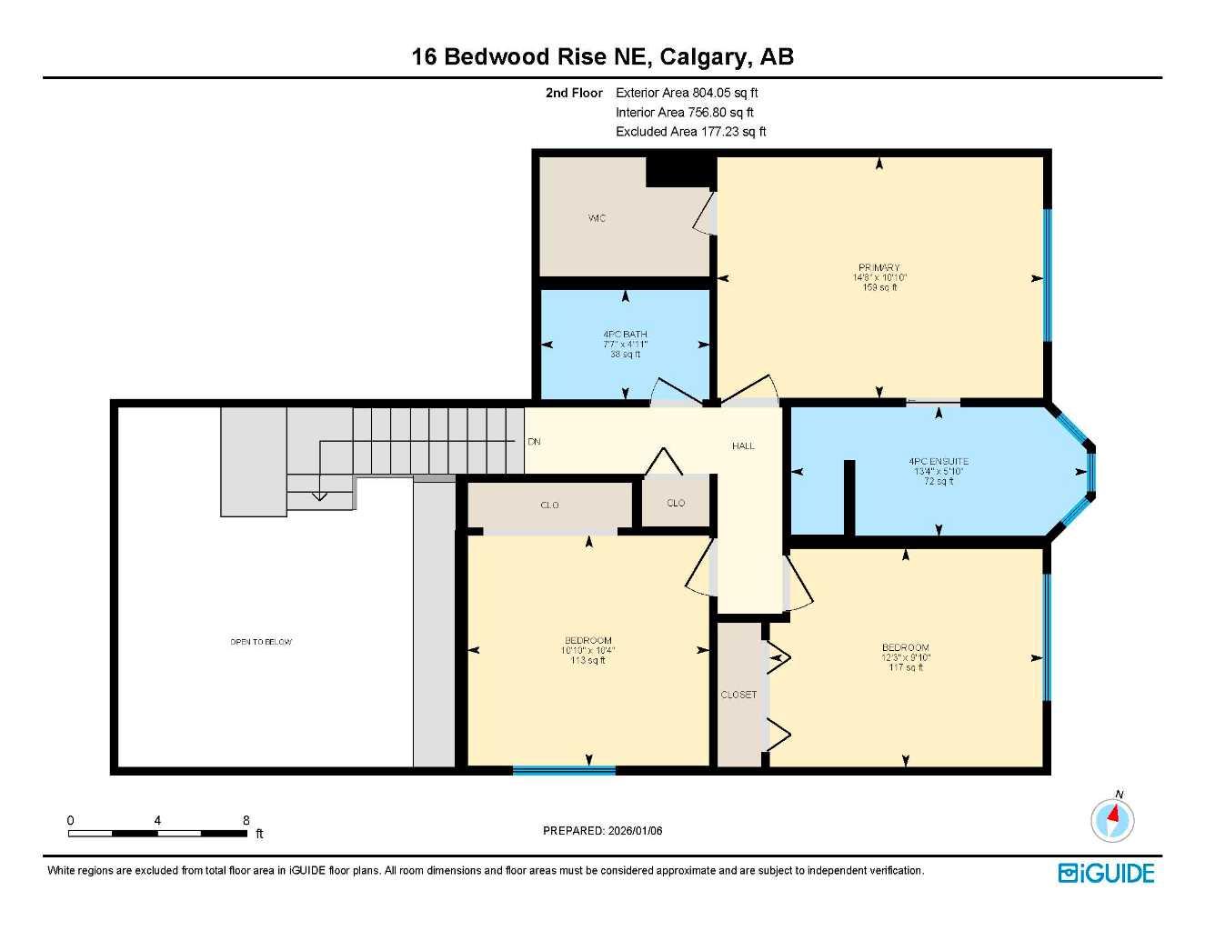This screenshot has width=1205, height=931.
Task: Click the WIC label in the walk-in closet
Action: coord(597,218)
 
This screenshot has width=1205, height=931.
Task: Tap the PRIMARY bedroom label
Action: coord(879,268)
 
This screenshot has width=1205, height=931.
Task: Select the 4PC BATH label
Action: coord(625,335)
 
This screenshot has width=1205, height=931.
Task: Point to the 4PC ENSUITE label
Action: coord(939,462)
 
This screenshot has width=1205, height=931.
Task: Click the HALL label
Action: coord(743,446)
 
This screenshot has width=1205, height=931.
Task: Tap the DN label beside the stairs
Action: coord(534,442)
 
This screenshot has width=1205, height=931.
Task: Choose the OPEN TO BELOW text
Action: coord(261,642)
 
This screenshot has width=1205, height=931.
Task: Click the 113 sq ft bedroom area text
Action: coord(587,661)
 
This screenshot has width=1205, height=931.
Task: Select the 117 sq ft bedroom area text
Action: coord(905,667)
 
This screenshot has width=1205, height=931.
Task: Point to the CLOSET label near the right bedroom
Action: coord(738,695)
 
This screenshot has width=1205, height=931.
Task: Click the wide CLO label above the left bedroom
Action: coord(549,506)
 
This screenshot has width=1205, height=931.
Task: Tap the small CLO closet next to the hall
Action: coord(676,504)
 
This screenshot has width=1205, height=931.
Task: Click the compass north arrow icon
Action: coord(1112,819)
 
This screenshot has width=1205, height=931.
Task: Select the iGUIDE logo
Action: coord(1106,873)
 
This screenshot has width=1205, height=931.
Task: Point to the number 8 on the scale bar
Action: coord(246,820)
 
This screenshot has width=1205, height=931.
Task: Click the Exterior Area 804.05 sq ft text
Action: coord(687,93)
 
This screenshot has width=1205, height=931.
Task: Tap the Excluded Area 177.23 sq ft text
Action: coord(690,132)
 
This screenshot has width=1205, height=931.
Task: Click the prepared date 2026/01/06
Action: coord(634,831)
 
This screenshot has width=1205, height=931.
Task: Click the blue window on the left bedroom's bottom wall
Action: coord(564,770)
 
